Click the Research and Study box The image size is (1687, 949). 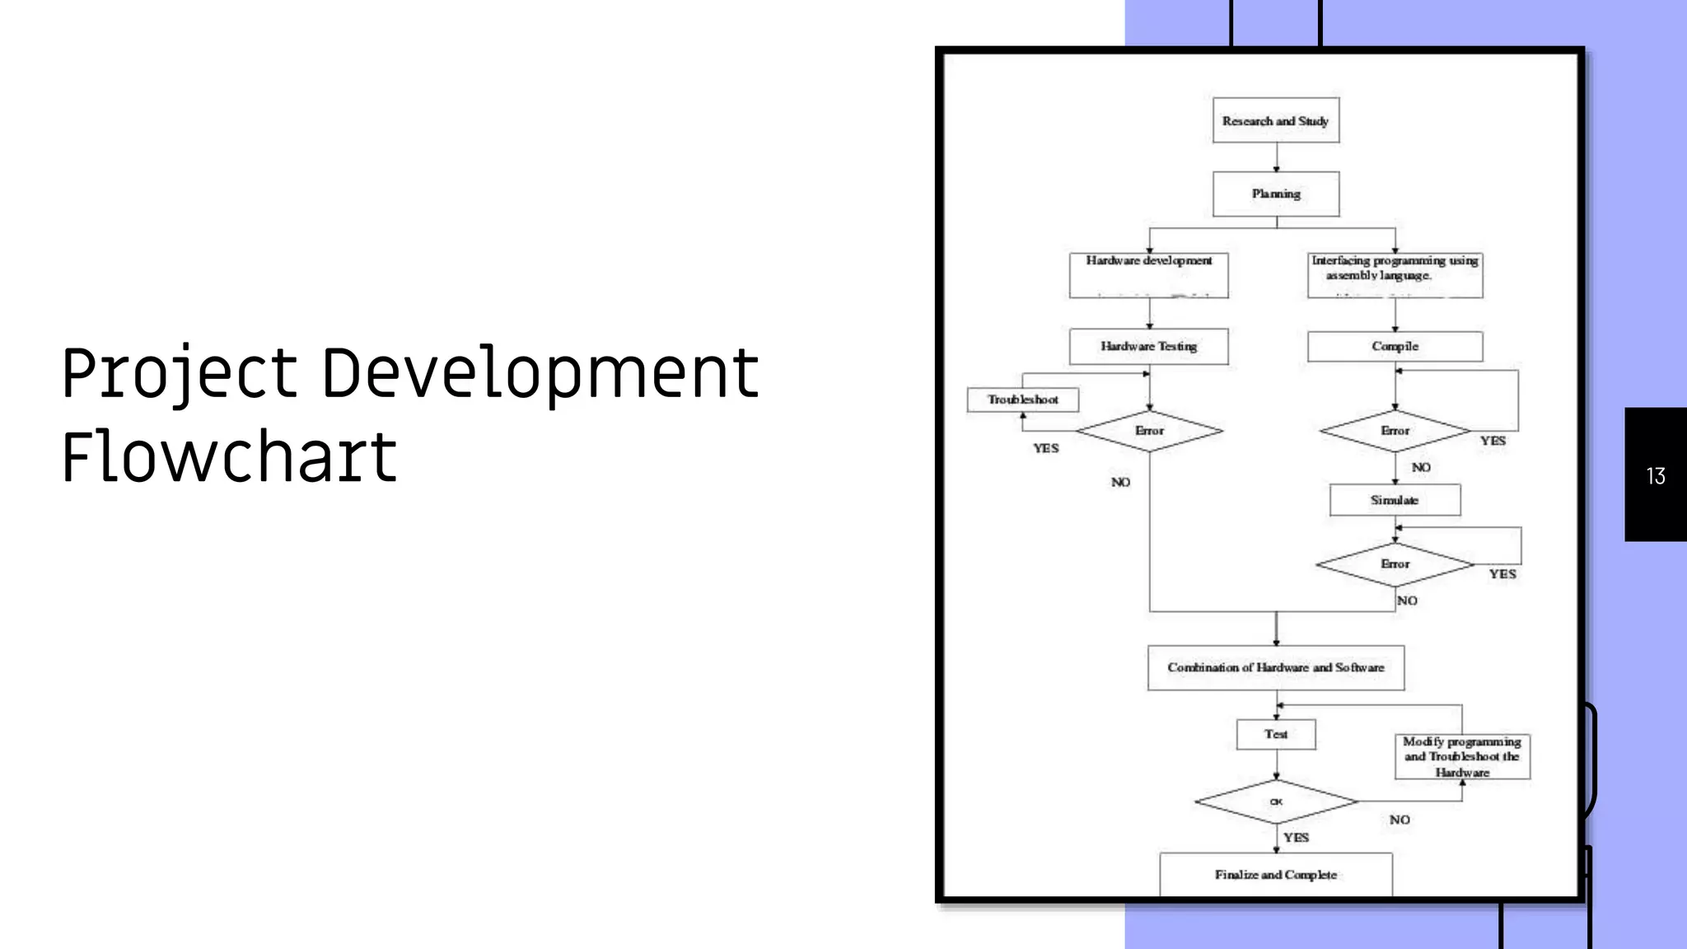pyautogui.click(x=1275, y=120)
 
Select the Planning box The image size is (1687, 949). pyautogui.click(x=1275, y=194)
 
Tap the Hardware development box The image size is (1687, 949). pyautogui.click(x=1148, y=274)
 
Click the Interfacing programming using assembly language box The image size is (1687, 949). pyautogui.click(x=1395, y=274)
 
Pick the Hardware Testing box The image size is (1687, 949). pyautogui.click(x=1148, y=346)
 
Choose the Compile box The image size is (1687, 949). pyautogui.click(x=1395, y=346)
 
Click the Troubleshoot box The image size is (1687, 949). pyautogui.click(x=1022, y=400)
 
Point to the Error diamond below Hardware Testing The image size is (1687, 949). pyautogui.click(x=1149, y=431)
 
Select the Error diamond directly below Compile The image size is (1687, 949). pyautogui.click(x=1395, y=431)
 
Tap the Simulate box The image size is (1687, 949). pyautogui.click(x=1395, y=500)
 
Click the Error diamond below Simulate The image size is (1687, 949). pyautogui.click(x=1395, y=564)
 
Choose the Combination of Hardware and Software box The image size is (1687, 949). pyautogui.click(x=1275, y=667)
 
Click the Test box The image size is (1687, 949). pyautogui.click(x=1276, y=734)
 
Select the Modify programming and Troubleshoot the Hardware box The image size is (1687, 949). pyautogui.click(x=1462, y=756)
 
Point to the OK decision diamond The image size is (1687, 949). pyautogui.click(x=1276, y=802)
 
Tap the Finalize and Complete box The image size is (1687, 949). pyautogui.click(x=1275, y=874)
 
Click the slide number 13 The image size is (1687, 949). pyautogui.click(x=1656, y=475)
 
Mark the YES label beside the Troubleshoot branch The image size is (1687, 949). pyautogui.click(x=1046, y=448)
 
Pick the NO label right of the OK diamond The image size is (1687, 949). pyautogui.click(x=1400, y=820)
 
